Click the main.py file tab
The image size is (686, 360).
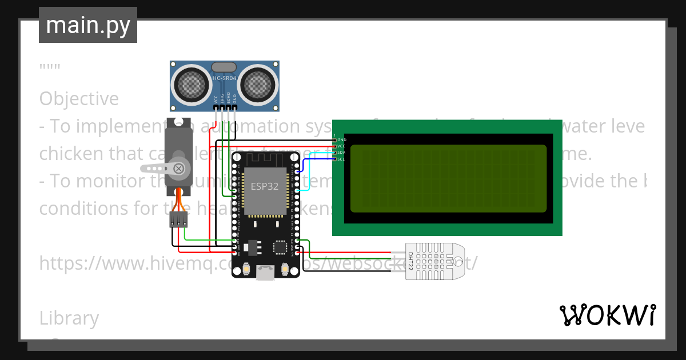(87, 25)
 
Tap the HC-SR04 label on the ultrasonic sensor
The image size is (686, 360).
(224, 78)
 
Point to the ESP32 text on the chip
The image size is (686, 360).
(265, 186)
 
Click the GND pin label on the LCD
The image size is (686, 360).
(342, 139)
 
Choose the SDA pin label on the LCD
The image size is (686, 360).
(342, 153)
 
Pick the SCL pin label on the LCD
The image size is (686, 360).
(342, 159)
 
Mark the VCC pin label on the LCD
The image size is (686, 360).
(342, 146)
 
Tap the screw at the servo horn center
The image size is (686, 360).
(179, 168)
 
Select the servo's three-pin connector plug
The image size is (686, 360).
(178, 219)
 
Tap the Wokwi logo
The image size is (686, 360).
(607, 315)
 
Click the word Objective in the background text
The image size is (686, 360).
(79, 99)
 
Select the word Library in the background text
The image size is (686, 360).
(69, 318)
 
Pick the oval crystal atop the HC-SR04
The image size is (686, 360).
(224, 67)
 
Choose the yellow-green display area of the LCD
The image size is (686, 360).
(448, 177)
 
